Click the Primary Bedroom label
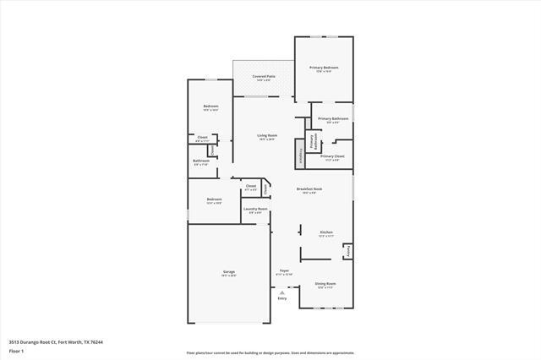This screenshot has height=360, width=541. click(324, 67)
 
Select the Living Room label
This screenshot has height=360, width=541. click(267, 135)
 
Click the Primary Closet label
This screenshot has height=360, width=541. click(332, 156)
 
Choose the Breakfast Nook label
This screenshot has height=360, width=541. click(308, 188)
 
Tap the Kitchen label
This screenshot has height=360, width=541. click(325, 232)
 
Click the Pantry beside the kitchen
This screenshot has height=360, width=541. click(347, 251)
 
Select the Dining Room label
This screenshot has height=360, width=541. click(325, 283)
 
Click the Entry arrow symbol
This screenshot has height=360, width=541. click(282, 292)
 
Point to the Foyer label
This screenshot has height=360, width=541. click(284, 271)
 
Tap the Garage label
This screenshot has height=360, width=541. click(228, 272)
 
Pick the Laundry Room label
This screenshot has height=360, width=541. click(255, 209)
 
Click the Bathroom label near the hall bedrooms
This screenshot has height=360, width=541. click(201, 161)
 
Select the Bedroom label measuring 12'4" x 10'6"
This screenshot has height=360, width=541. click(214, 199)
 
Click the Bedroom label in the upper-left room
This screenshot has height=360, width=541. click(210, 106)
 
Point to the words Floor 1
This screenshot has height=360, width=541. click(15, 349)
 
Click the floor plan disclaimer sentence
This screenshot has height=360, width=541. click(270, 353)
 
